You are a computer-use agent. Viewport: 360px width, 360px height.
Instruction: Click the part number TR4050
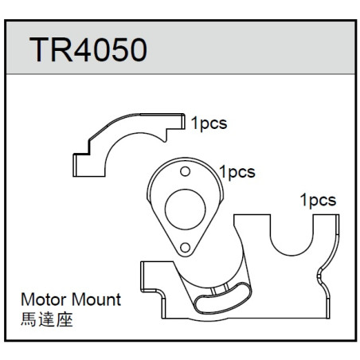(x=88, y=49)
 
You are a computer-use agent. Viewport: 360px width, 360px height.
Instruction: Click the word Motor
(x=44, y=299)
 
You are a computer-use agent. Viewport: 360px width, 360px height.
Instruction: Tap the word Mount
(x=96, y=299)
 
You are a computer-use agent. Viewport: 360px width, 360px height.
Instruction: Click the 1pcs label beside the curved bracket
(x=209, y=123)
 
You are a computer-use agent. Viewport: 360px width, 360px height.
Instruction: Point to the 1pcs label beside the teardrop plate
(x=237, y=172)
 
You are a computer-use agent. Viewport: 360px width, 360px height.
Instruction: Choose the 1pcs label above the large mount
(x=319, y=200)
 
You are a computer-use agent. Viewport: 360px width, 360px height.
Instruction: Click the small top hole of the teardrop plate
(x=185, y=171)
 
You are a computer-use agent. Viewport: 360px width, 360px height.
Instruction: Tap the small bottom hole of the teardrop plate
(x=185, y=248)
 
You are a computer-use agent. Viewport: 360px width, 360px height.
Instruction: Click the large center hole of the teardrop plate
(x=185, y=209)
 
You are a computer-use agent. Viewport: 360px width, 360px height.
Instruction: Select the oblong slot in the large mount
(x=223, y=298)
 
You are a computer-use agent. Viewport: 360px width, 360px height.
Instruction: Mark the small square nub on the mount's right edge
(x=319, y=277)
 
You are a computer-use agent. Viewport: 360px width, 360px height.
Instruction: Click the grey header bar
(x=180, y=47)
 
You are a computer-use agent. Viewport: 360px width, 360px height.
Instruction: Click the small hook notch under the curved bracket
(x=164, y=137)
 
